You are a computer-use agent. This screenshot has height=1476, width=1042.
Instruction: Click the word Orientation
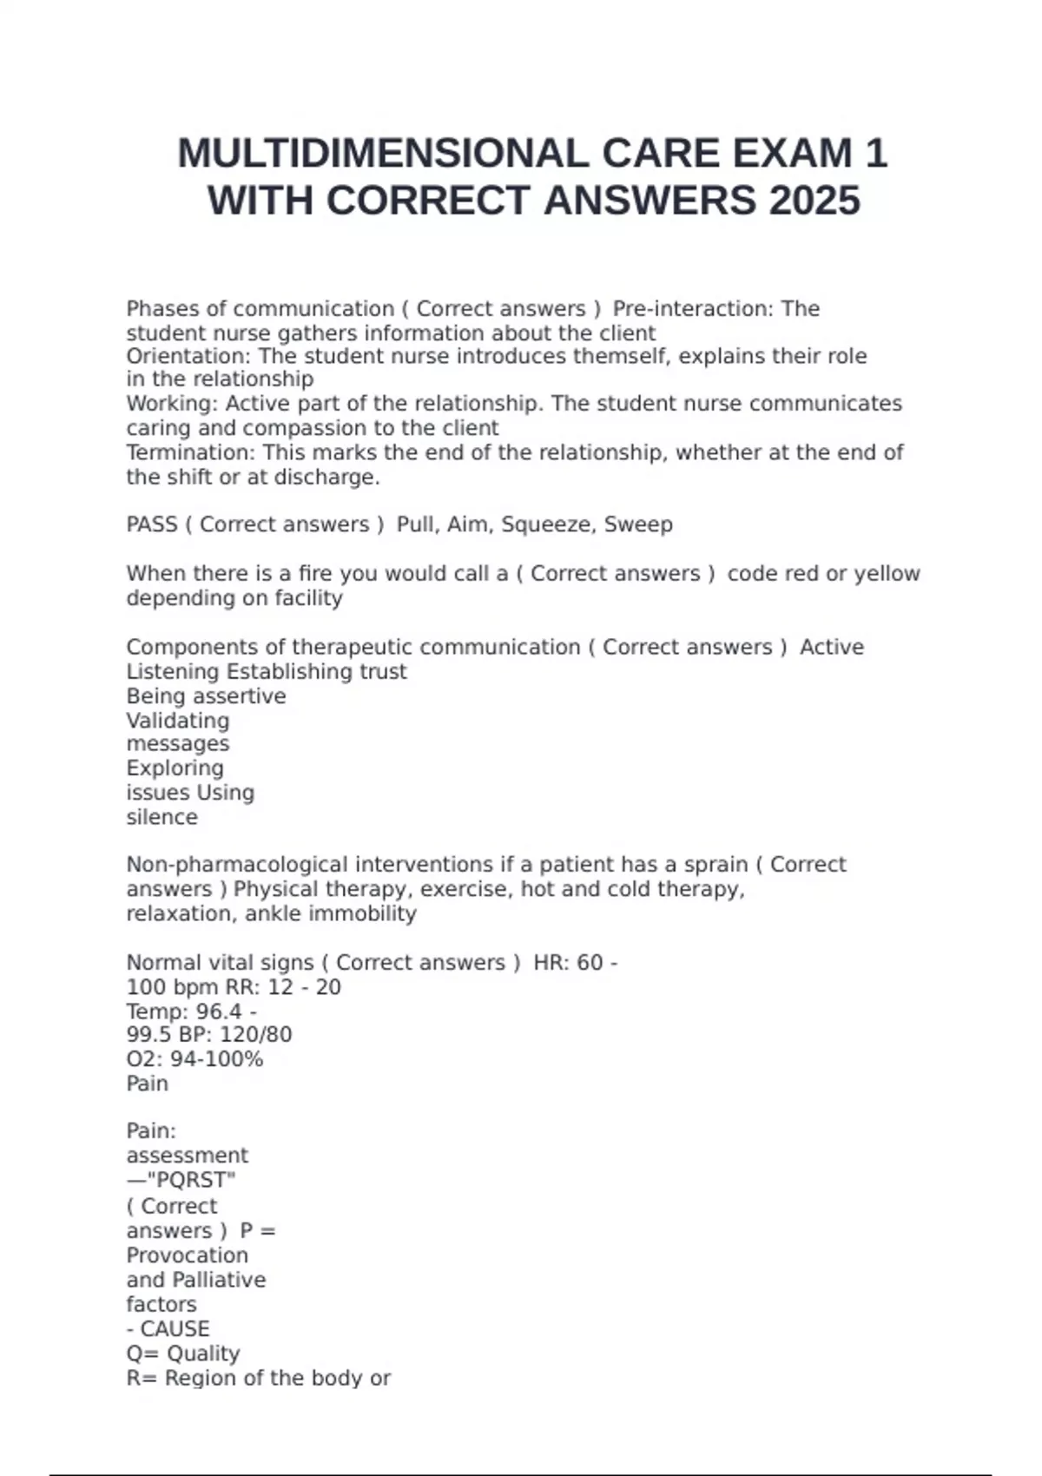tap(187, 357)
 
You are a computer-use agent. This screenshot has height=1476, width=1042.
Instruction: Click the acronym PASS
tap(152, 524)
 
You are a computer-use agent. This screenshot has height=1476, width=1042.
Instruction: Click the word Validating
tap(178, 721)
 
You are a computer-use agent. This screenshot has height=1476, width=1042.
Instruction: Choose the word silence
tap(162, 817)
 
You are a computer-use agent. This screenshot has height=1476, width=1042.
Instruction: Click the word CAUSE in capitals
tap(175, 1329)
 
